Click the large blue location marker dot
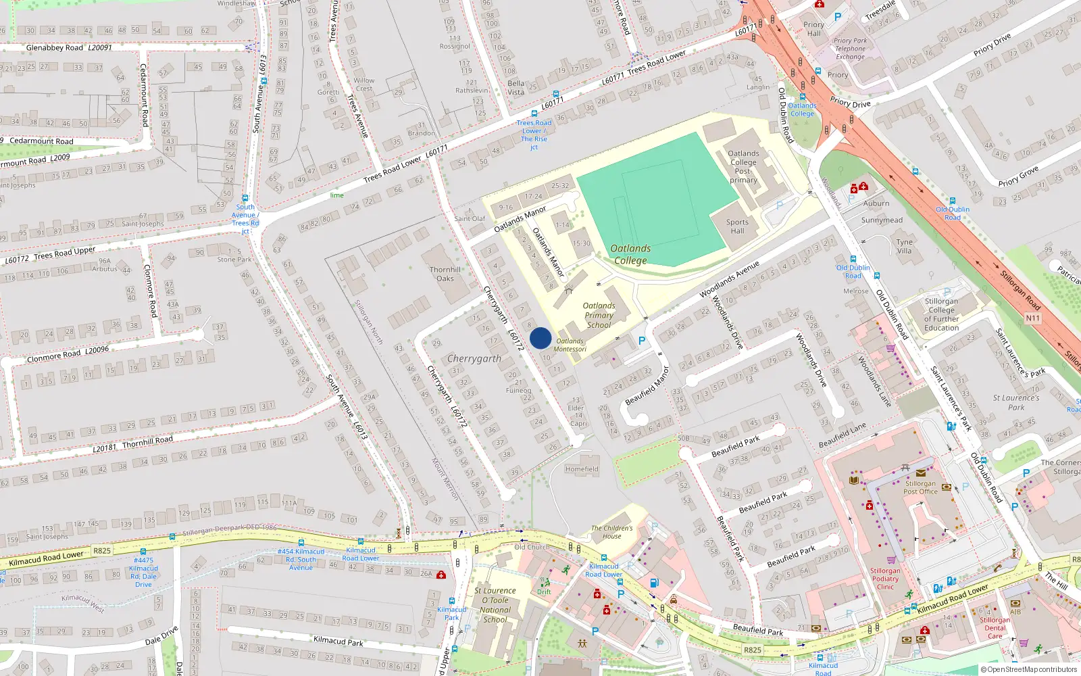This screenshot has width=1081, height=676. click(x=540, y=338)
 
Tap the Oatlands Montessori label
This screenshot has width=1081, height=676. click(x=570, y=345)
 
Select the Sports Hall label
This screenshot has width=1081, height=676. click(x=737, y=226)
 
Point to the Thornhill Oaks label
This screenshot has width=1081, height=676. click(x=445, y=274)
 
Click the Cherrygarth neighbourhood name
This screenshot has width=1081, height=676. click(x=474, y=359)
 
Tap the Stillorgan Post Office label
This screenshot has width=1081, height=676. click(x=920, y=487)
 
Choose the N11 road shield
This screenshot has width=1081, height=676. click(x=1032, y=318)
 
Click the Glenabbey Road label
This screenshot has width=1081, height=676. click(x=55, y=48)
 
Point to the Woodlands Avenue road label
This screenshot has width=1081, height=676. click(x=729, y=279)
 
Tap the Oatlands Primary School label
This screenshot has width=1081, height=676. click(x=599, y=316)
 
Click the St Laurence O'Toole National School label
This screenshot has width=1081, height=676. click(x=495, y=605)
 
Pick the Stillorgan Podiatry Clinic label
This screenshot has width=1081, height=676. click(x=885, y=579)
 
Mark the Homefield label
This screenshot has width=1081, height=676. click(x=582, y=469)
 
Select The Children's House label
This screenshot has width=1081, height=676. click(x=612, y=532)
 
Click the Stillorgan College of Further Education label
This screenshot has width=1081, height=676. click(x=941, y=314)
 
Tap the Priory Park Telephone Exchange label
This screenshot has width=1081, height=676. click(x=850, y=49)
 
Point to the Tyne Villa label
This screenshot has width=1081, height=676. click(x=904, y=246)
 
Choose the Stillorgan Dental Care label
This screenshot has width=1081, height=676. click(x=995, y=628)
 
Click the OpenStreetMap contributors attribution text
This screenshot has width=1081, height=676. click(x=1029, y=670)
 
